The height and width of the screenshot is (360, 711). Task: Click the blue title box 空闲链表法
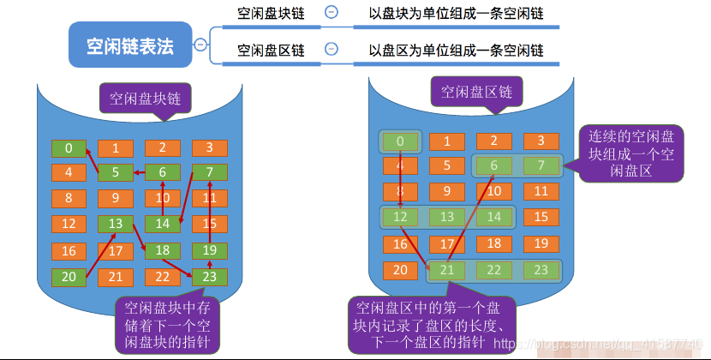click(130, 45)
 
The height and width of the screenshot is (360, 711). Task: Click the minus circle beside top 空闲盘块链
click(331, 13)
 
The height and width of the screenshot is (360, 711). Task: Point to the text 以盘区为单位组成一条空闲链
click(456, 51)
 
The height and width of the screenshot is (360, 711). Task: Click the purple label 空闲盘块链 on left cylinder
click(146, 97)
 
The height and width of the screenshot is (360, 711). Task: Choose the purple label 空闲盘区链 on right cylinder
click(476, 93)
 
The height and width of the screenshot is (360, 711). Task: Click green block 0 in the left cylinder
click(69, 148)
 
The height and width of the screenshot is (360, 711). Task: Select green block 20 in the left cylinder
click(69, 277)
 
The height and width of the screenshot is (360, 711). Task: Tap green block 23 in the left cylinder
click(209, 277)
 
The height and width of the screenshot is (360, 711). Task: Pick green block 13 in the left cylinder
click(116, 225)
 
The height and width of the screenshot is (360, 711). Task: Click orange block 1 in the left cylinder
click(116, 148)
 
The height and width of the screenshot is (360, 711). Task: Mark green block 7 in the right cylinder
click(541, 165)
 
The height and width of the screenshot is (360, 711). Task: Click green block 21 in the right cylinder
click(446, 270)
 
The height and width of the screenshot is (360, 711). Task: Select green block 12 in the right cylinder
click(400, 218)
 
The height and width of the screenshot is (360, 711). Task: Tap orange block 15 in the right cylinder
click(541, 218)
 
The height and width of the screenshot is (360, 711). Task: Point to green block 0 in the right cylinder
click(400, 141)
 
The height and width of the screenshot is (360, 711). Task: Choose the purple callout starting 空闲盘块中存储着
click(168, 324)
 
